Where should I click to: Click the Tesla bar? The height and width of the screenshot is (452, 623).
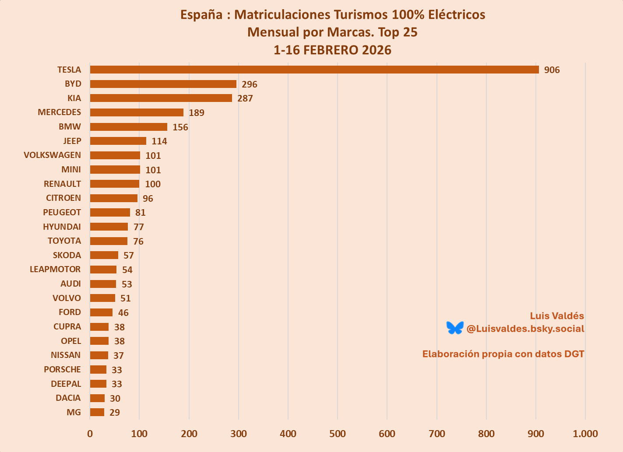314,70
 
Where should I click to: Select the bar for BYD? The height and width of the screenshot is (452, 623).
163,84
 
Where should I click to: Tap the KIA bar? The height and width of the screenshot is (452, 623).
161,98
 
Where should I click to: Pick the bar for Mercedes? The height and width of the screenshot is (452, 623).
137,112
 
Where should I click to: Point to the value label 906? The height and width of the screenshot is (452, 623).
552,70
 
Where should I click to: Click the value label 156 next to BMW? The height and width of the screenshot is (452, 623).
180,127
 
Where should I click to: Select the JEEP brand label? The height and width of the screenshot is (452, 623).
72,141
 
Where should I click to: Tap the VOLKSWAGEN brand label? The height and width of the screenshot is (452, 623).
53,155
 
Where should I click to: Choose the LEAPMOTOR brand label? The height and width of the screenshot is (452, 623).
55,269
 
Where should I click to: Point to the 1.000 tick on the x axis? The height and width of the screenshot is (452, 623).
585,434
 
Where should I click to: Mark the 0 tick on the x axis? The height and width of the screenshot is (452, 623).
90,434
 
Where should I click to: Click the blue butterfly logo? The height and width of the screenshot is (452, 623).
455,328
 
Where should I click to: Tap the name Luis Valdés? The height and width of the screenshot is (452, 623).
557,316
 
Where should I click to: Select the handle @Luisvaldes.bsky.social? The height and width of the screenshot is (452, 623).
525,329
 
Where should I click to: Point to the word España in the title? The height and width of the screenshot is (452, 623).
201,15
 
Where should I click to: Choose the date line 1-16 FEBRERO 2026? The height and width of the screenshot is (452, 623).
332,50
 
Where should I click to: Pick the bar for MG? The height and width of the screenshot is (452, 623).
97,412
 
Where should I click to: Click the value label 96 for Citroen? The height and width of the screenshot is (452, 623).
148,199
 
